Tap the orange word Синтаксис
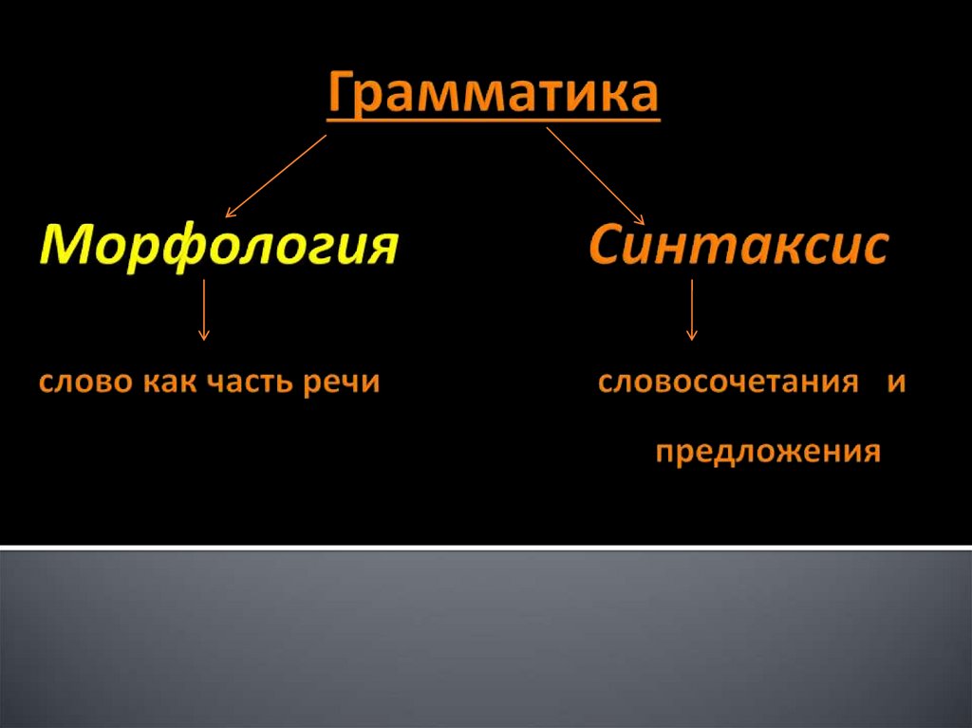[x=738, y=244]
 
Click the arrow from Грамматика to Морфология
[x=276, y=177]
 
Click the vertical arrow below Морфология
[x=203, y=310]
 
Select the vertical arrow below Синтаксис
[x=692, y=310]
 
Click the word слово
[x=86, y=382]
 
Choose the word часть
[x=250, y=382]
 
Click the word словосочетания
[x=728, y=382]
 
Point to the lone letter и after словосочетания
[x=896, y=382]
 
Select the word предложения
[x=768, y=453]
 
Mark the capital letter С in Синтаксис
[x=607, y=244]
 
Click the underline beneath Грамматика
[x=494, y=118]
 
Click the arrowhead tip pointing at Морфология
[x=226, y=217]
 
